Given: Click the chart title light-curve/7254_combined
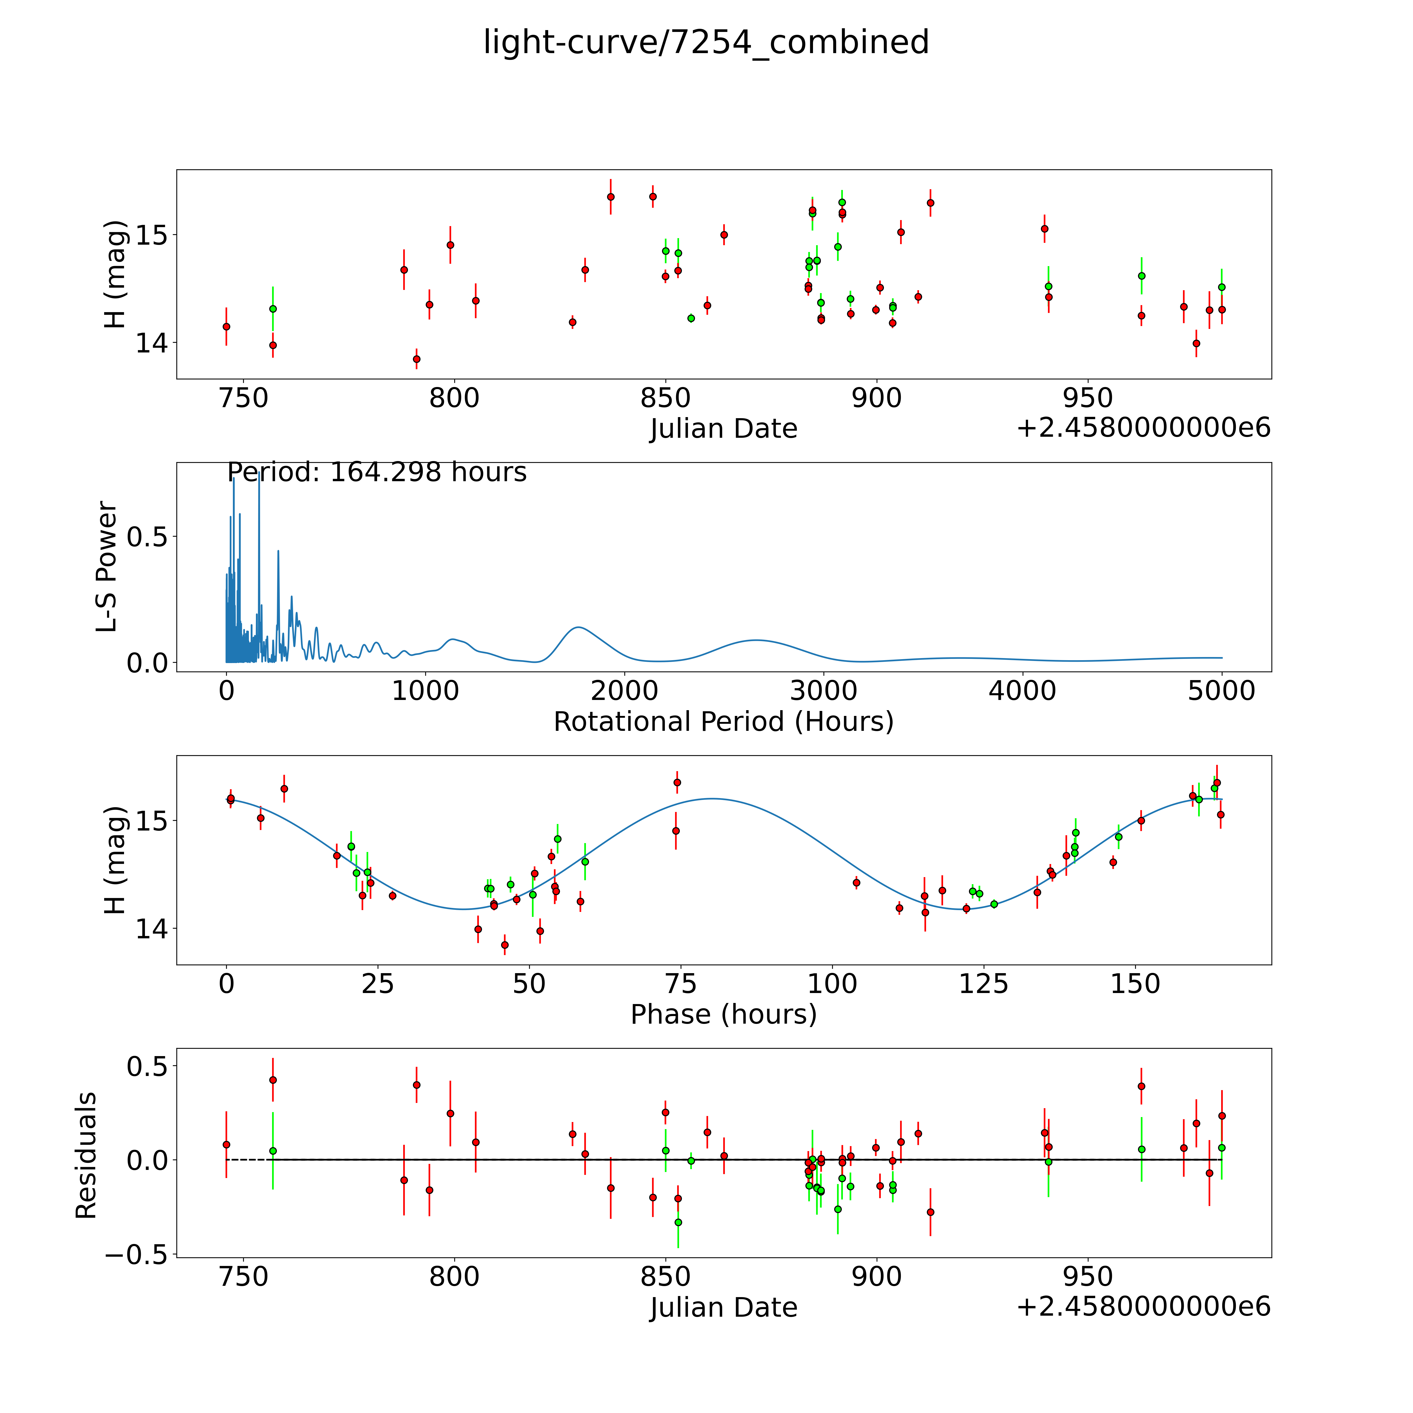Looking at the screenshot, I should [x=706, y=42].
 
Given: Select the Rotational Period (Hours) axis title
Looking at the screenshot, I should [x=723, y=722].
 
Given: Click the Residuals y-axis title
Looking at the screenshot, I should [x=86, y=1156].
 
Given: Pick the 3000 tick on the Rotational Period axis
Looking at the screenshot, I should [x=823, y=691].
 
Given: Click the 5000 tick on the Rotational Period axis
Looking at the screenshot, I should [x=1221, y=691].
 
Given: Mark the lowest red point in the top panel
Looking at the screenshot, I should [x=416, y=359].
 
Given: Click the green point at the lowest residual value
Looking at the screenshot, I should [x=678, y=1222].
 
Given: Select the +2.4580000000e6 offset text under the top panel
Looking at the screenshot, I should [x=1143, y=429].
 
